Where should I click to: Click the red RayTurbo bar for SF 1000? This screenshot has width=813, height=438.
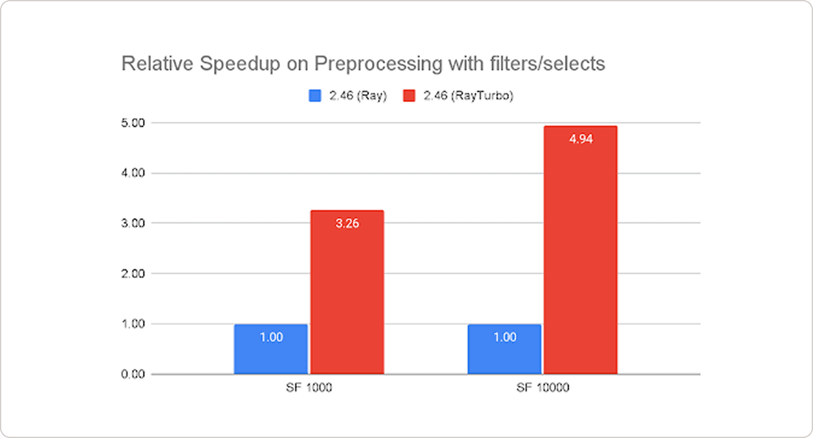point(347,292)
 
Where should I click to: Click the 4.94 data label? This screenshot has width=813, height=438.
point(581,140)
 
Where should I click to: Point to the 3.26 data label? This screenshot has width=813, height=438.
point(347,223)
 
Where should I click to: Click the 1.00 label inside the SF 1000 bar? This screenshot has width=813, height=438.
point(271,338)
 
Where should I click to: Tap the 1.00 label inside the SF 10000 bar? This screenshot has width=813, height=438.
point(505,338)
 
